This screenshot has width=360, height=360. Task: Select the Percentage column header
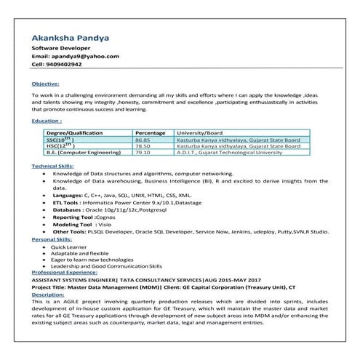[x=151, y=133]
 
